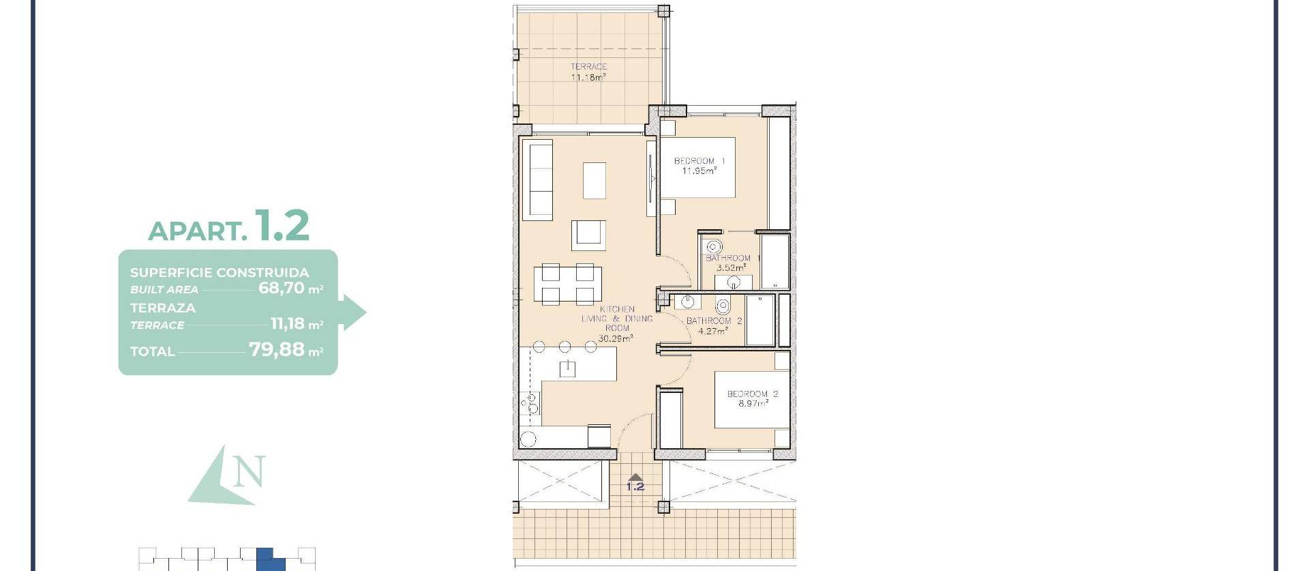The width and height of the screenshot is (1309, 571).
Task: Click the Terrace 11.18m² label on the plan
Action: point(588,72)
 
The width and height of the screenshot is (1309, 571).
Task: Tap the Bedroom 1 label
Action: point(699,166)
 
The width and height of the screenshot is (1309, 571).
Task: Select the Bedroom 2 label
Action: point(752,398)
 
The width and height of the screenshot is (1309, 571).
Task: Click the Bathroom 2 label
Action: point(714,325)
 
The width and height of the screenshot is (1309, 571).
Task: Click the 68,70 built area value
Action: point(282,288)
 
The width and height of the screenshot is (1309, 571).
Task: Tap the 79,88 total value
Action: point(277,350)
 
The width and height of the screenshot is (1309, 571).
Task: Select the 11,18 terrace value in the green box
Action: point(287,323)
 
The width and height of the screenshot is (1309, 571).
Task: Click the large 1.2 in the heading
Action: point(282,226)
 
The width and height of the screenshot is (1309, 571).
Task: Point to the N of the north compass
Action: point(248,471)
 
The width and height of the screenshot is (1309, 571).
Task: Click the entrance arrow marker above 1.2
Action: point(635,478)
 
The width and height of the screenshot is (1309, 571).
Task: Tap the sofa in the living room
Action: point(537,180)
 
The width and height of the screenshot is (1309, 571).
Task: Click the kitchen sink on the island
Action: point(567,369)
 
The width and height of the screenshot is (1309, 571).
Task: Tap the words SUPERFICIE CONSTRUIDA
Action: point(220,273)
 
